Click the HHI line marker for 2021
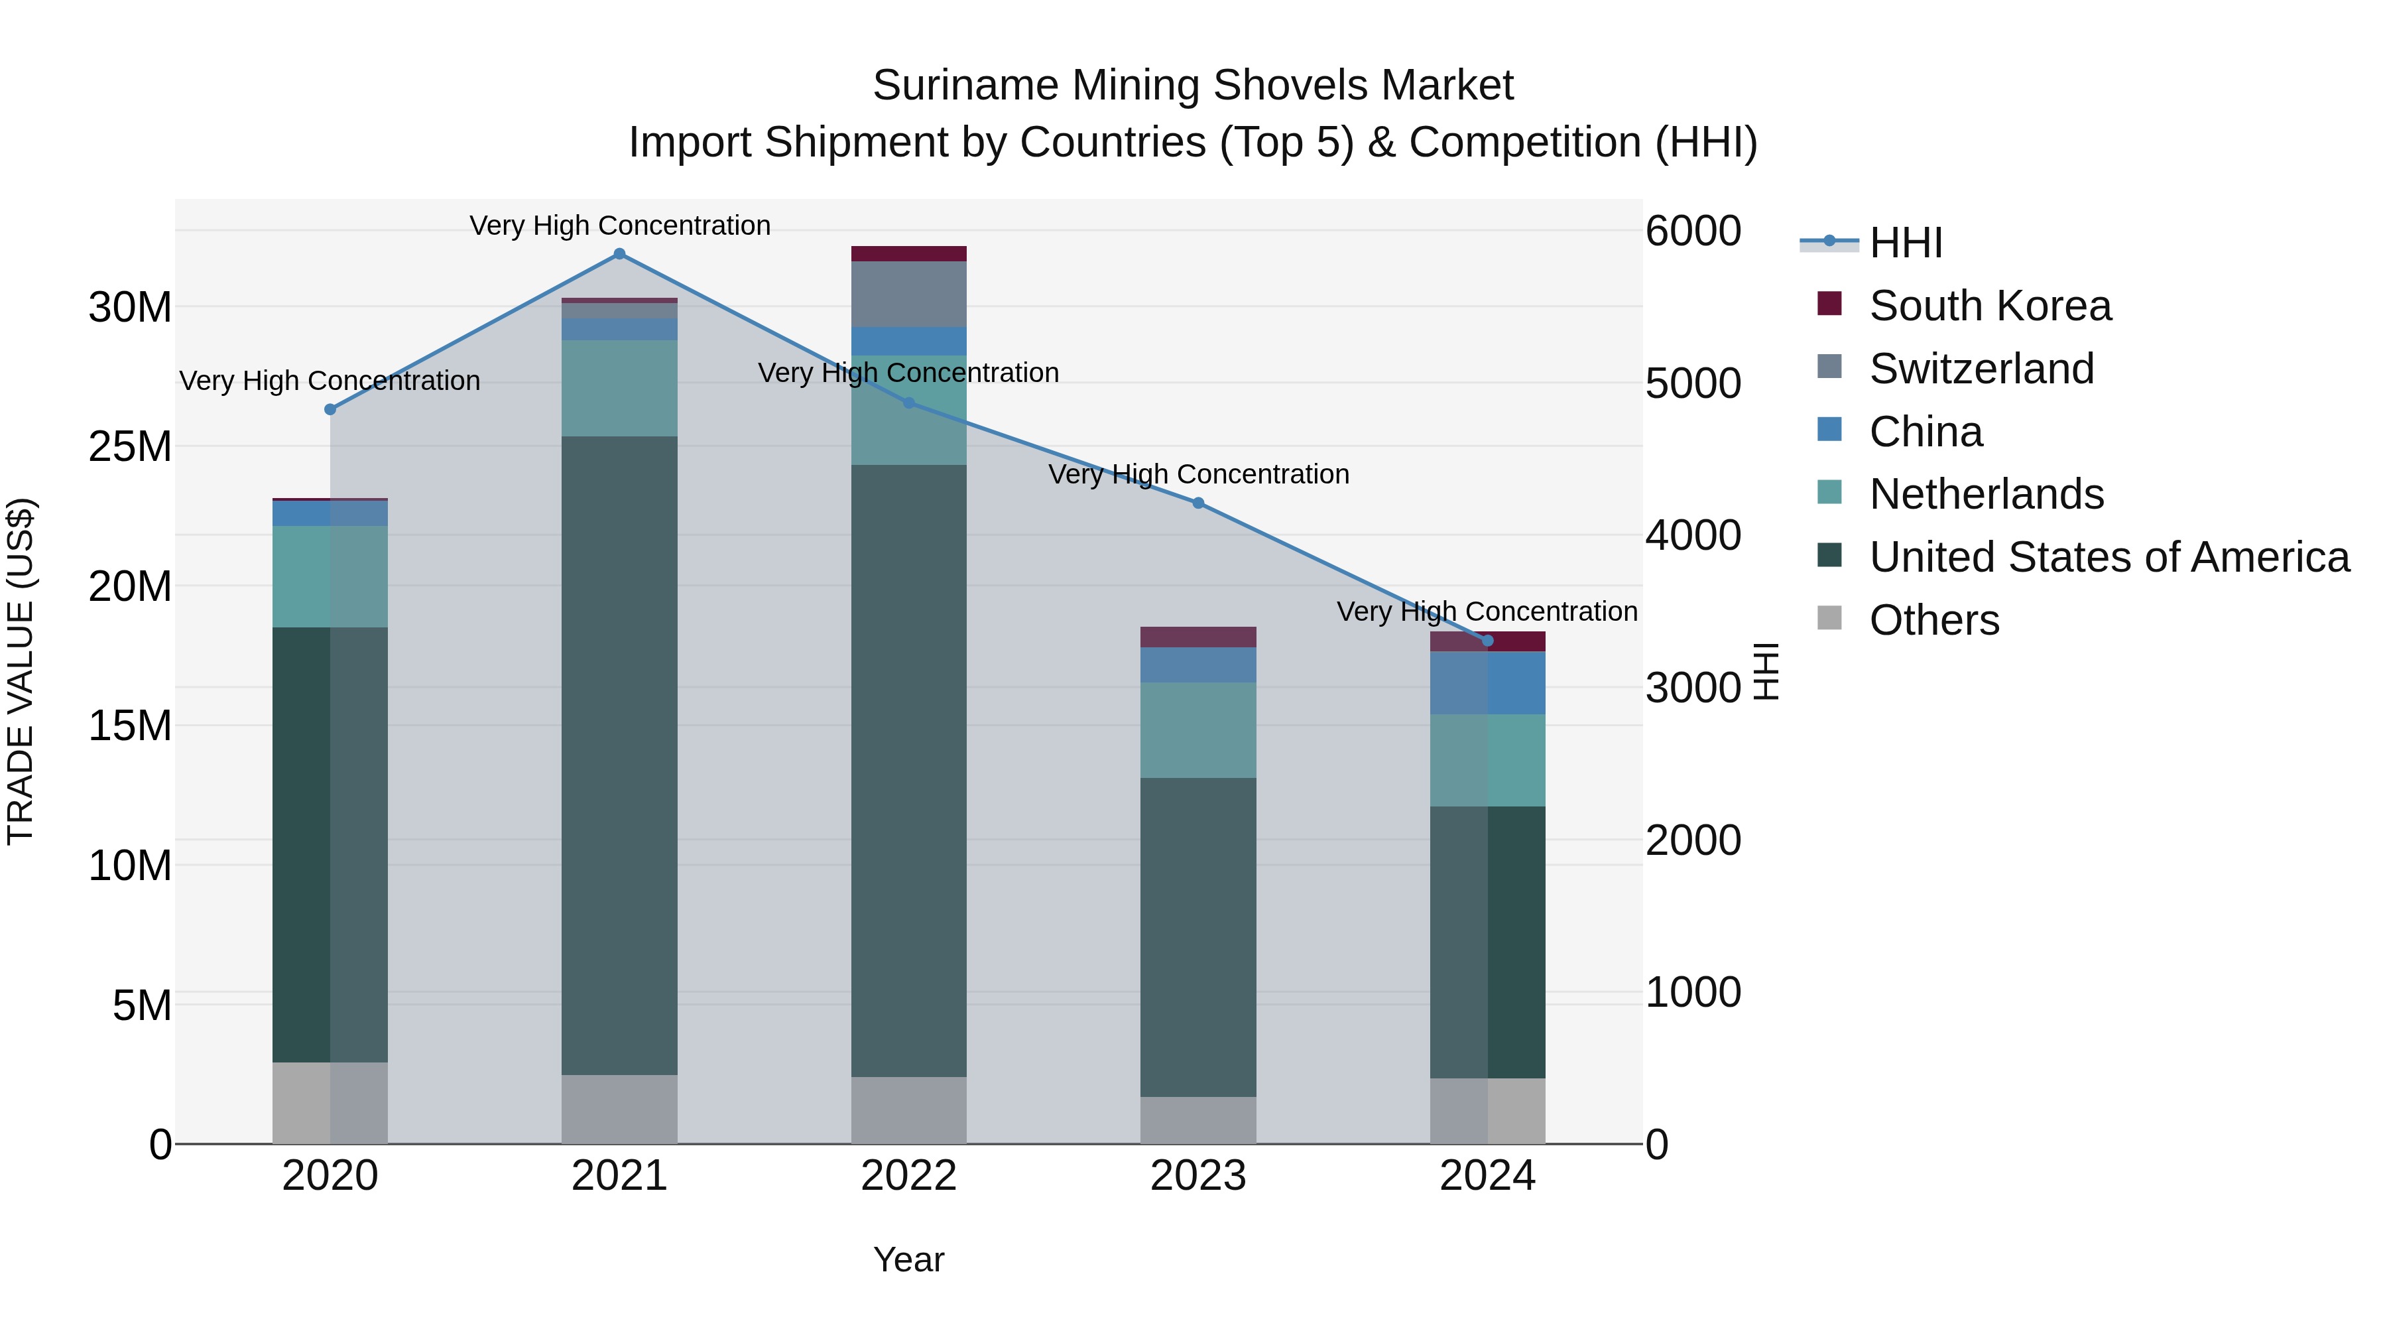620,254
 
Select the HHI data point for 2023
1198,503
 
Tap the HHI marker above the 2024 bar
1488,641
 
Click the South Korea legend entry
1989,306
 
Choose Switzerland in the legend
1981,369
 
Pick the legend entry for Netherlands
1986,494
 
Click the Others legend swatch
1830,618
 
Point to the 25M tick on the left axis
130,447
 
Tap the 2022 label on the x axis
908,1176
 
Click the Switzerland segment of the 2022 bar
908,294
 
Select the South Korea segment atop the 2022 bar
908,254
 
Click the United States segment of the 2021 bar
619,755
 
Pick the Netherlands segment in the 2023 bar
1198,730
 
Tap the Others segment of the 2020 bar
330,1103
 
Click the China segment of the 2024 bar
1487,683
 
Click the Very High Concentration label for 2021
620,225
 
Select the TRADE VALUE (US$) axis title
21,671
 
